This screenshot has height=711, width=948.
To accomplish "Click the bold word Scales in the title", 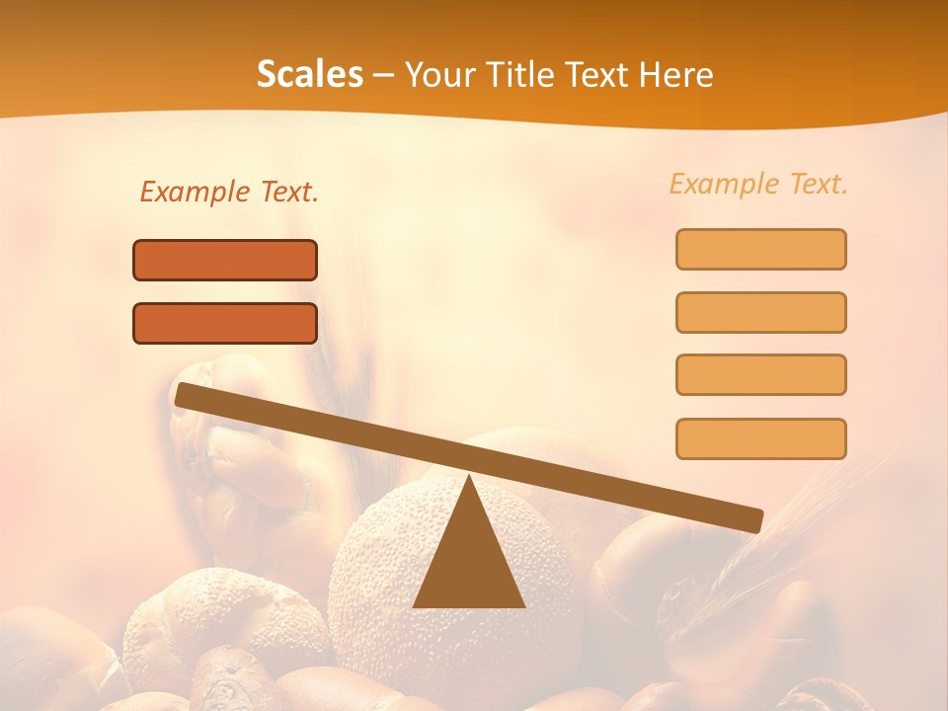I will [309, 75].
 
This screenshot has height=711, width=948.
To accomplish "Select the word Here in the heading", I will [676, 75].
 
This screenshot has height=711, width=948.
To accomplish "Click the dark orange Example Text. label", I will [229, 193].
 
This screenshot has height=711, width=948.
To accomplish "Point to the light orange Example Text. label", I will [758, 184].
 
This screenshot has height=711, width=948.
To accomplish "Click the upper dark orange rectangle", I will [225, 261].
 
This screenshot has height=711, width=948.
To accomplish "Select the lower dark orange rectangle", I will [225, 324].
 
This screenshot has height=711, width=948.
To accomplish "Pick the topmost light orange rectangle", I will [760, 250].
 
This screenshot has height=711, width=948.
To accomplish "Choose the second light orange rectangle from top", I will [760, 312].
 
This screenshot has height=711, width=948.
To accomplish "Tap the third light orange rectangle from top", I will [760, 375].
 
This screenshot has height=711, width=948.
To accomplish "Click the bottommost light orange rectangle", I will [760, 438].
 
